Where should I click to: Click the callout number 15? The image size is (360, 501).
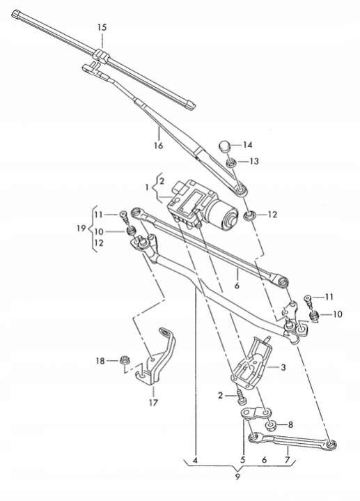(x=102, y=27)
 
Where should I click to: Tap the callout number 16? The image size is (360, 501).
(x=159, y=146)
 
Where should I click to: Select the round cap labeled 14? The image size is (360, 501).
(x=225, y=146)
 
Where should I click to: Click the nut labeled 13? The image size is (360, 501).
(x=231, y=162)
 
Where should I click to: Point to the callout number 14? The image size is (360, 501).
(x=248, y=145)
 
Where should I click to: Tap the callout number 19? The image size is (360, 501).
(x=81, y=229)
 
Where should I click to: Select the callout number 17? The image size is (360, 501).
(x=153, y=403)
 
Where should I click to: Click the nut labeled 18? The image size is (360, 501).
(x=124, y=360)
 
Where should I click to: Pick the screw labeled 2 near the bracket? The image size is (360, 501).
(x=240, y=396)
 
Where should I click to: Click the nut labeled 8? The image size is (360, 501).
(x=272, y=425)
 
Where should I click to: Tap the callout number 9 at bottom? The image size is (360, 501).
(x=237, y=477)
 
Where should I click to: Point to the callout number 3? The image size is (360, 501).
(x=283, y=367)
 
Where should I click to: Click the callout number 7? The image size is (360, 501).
(x=287, y=460)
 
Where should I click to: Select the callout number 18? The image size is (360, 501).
(x=100, y=361)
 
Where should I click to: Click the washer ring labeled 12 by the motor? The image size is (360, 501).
(x=249, y=216)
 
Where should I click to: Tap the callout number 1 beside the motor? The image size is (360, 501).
(x=147, y=187)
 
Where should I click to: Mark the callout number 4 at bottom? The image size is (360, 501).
(x=195, y=461)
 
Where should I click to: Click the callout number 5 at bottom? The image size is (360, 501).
(x=243, y=460)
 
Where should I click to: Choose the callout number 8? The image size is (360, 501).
(x=290, y=425)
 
